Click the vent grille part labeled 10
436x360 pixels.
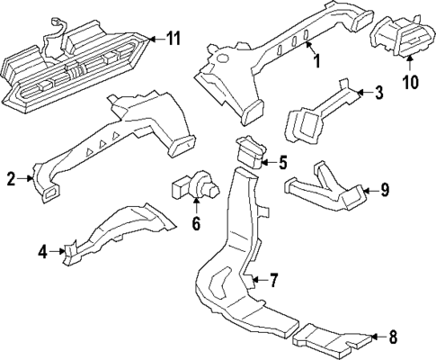click(402, 40)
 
